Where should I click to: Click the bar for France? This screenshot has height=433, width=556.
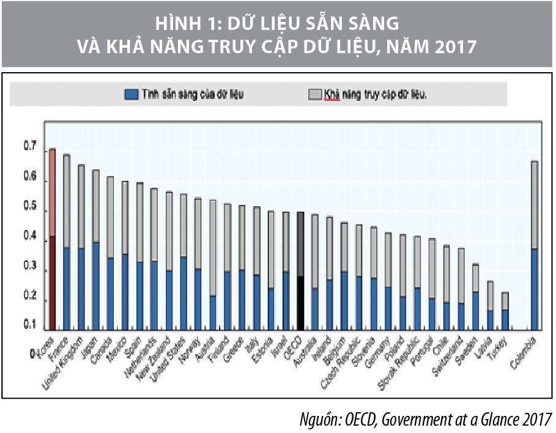coord(67,257)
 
